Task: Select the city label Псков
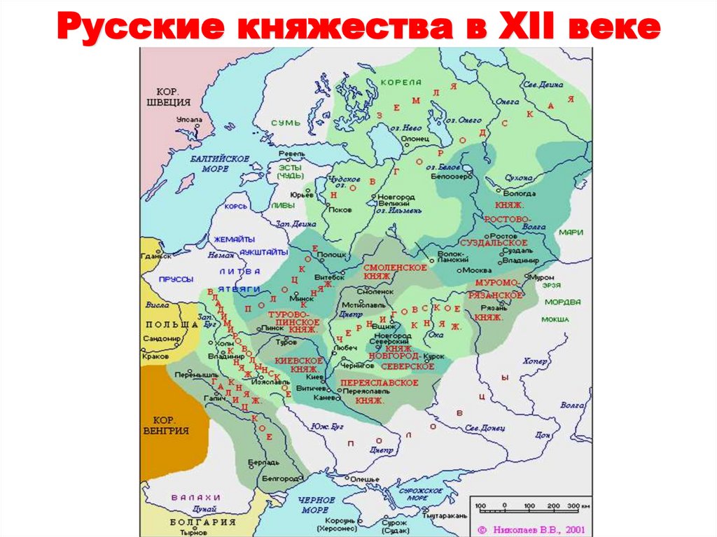coord(340,209)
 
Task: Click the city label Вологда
coord(520,193)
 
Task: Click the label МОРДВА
coord(563,302)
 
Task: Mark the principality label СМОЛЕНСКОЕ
coord(395,268)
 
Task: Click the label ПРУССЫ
coord(176,279)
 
